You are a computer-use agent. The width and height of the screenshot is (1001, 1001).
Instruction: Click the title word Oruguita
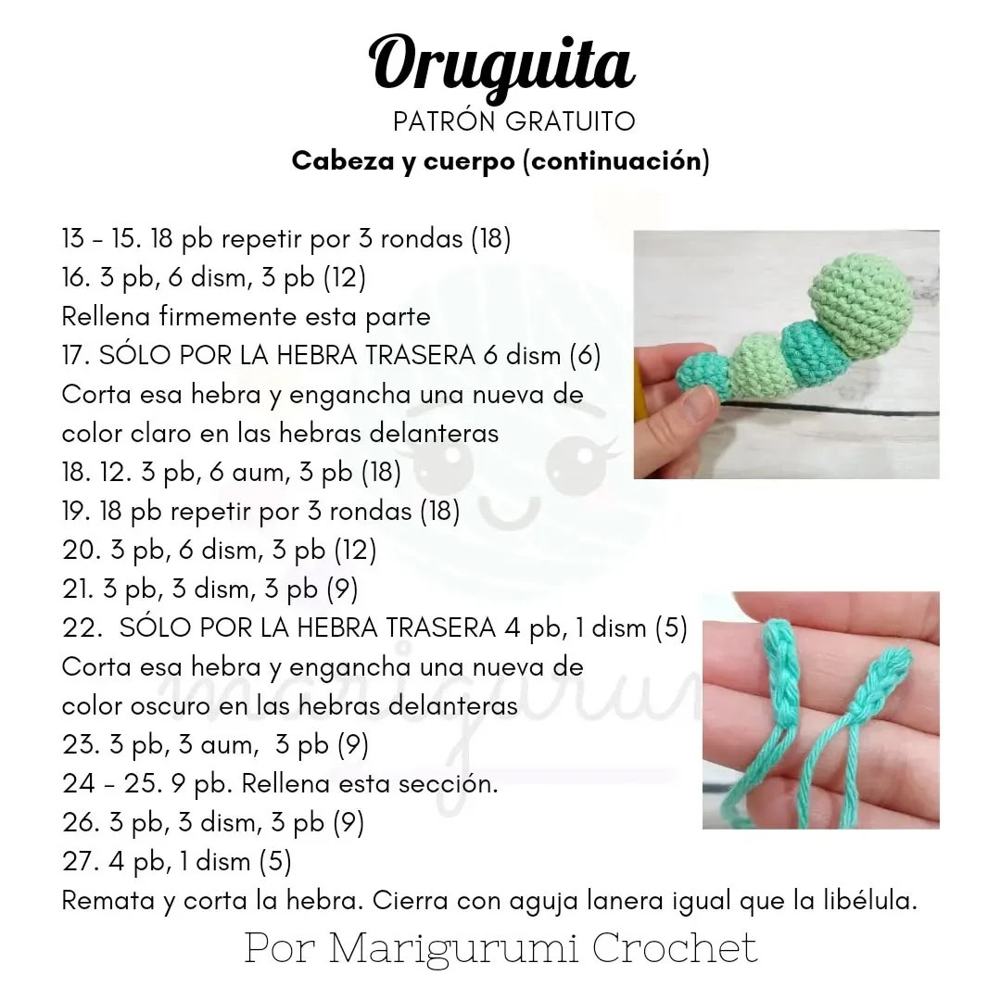tap(501, 63)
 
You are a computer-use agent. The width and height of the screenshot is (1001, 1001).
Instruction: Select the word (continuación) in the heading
tap(616, 161)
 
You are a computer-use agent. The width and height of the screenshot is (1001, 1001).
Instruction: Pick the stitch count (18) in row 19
tap(439, 512)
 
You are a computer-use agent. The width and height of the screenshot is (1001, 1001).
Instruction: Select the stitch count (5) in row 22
tap(671, 628)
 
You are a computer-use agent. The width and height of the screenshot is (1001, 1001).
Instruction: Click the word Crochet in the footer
tap(674, 947)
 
